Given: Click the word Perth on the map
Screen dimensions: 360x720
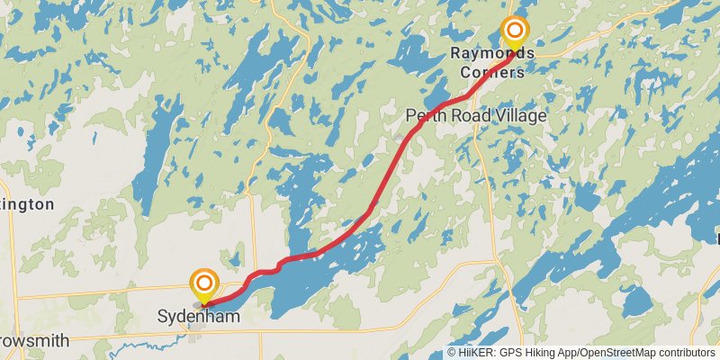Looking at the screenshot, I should click(425, 115).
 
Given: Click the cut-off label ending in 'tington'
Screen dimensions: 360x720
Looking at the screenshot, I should click(27, 204).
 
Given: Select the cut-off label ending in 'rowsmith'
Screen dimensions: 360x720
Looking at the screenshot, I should click(32, 341).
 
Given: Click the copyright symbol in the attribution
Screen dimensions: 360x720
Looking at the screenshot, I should click(452, 353).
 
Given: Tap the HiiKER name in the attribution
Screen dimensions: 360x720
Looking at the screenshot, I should click(476, 353).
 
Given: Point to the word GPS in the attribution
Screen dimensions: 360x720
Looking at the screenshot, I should click(511, 353).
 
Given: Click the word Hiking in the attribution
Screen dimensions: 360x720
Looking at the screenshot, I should click(542, 353).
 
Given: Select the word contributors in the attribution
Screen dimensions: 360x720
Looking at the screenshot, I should click(686, 353).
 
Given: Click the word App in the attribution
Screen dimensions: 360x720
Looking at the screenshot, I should click(571, 353).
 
